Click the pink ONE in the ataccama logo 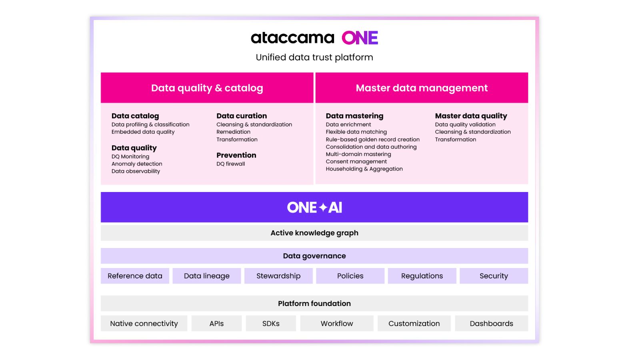tap(360, 38)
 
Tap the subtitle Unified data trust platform tap(314, 57)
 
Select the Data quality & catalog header tap(207, 88)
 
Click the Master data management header tap(422, 88)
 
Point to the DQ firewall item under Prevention tap(230, 164)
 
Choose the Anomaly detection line tap(137, 164)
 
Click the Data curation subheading tap(242, 116)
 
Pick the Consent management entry tap(356, 162)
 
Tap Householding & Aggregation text tap(364, 169)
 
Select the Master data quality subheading tap(471, 116)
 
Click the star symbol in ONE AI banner tap(323, 208)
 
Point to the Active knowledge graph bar tap(314, 233)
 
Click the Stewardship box tap(278, 276)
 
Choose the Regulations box tap(422, 276)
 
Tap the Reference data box tap(135, 276)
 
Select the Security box tap(494, 276)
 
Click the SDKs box tap(271, 324)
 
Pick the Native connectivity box tap(144, 324)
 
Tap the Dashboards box tap(491, 324)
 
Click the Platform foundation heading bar tap(314, 304)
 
